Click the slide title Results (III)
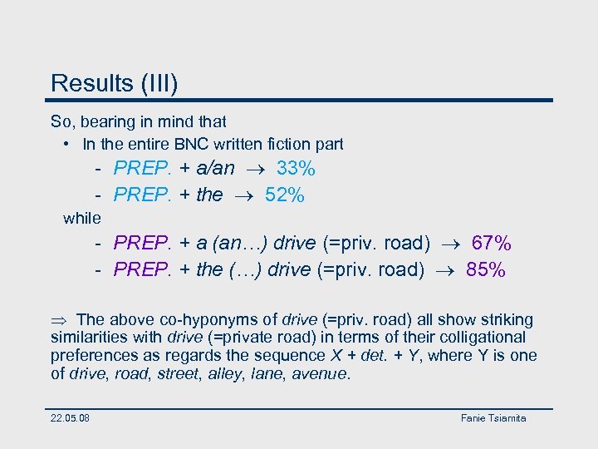tap(114, 83)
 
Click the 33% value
tap(296, 169)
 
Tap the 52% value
tap(285, 195)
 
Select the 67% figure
tap(491, 244)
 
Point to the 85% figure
tap(485, 270)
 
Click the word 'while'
tap(81, 219)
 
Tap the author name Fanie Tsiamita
tap(493, 417)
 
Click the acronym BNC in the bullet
tap(213, 145)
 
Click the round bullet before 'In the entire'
tap(66, 145)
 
